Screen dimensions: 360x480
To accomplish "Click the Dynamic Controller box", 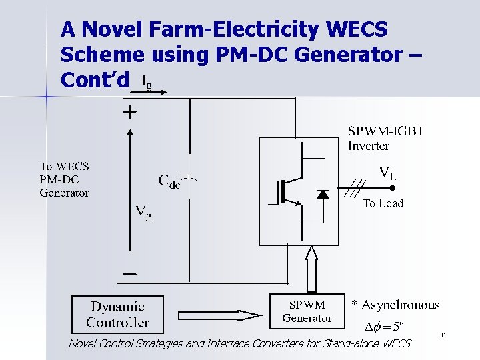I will [117, 315].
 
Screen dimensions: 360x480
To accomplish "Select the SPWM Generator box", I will [307, 311].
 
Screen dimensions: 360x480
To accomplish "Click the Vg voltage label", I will [143, 213].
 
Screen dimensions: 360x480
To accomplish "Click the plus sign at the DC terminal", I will [129, 112].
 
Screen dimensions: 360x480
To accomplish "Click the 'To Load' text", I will [383, 203].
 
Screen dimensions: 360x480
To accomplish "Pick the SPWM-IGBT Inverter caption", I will [386, 137].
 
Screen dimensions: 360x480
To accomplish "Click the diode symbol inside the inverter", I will [323, 194].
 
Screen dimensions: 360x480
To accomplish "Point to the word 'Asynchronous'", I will [401, 305].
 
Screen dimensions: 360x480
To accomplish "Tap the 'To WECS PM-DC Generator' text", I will [64, 179].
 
